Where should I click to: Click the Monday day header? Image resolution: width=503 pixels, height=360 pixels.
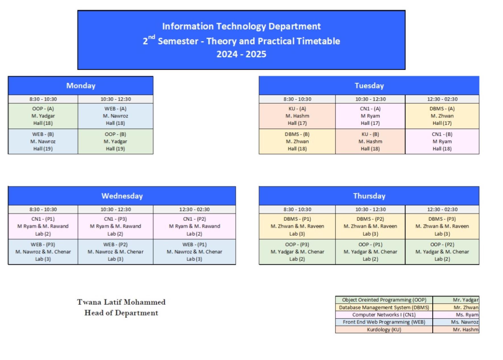coord(81,85)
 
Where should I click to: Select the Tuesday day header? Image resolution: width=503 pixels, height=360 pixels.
coord(369,85)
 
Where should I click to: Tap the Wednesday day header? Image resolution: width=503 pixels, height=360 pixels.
coord(122,196)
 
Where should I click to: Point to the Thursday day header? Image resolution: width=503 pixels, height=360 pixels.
coord(369,196)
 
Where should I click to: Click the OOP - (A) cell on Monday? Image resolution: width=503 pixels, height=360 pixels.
coord(43,116)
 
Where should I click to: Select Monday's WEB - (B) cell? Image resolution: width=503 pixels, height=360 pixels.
coord(43,141)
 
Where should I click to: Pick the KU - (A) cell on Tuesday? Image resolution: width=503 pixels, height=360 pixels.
coord(297,116)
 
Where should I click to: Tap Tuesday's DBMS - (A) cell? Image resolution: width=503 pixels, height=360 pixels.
coord(442,116)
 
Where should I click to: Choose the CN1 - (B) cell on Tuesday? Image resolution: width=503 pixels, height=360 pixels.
coord(442,141)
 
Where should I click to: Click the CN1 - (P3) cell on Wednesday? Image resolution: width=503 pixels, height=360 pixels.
coord(115,226)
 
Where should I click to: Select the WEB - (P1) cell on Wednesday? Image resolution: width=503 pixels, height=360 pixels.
coord(194,252)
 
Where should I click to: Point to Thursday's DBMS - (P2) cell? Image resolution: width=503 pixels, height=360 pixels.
coord(370,226)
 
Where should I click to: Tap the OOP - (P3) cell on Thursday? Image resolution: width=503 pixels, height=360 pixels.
coord(297,252)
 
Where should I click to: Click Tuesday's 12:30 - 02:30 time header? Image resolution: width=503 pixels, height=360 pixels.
coord(442,99)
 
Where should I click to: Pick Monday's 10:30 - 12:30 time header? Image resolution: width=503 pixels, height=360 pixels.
coord(115,99)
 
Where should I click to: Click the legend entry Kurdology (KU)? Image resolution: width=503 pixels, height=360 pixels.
coord(384,329)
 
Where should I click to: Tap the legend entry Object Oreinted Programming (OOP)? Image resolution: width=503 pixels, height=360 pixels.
coord(384,300)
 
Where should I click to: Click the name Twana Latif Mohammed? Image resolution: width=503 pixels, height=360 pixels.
coord(121,302)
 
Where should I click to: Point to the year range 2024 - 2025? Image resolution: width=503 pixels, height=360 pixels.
coord(241,54)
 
